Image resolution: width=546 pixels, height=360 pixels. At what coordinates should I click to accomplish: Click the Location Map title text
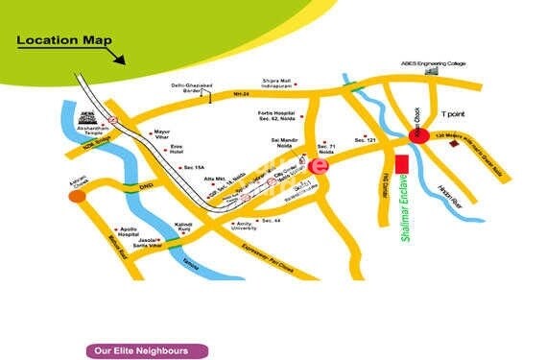pos(63,41)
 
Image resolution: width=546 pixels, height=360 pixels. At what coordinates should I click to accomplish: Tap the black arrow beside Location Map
pos(118,55)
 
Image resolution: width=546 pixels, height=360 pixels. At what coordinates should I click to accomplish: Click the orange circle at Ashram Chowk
pos(77,196)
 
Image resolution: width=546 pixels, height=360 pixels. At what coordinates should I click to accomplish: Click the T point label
pos(452,114)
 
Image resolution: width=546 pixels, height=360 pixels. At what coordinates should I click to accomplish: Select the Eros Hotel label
pos(176,152)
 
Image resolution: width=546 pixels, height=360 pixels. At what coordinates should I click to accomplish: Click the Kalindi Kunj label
pos(186,228)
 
